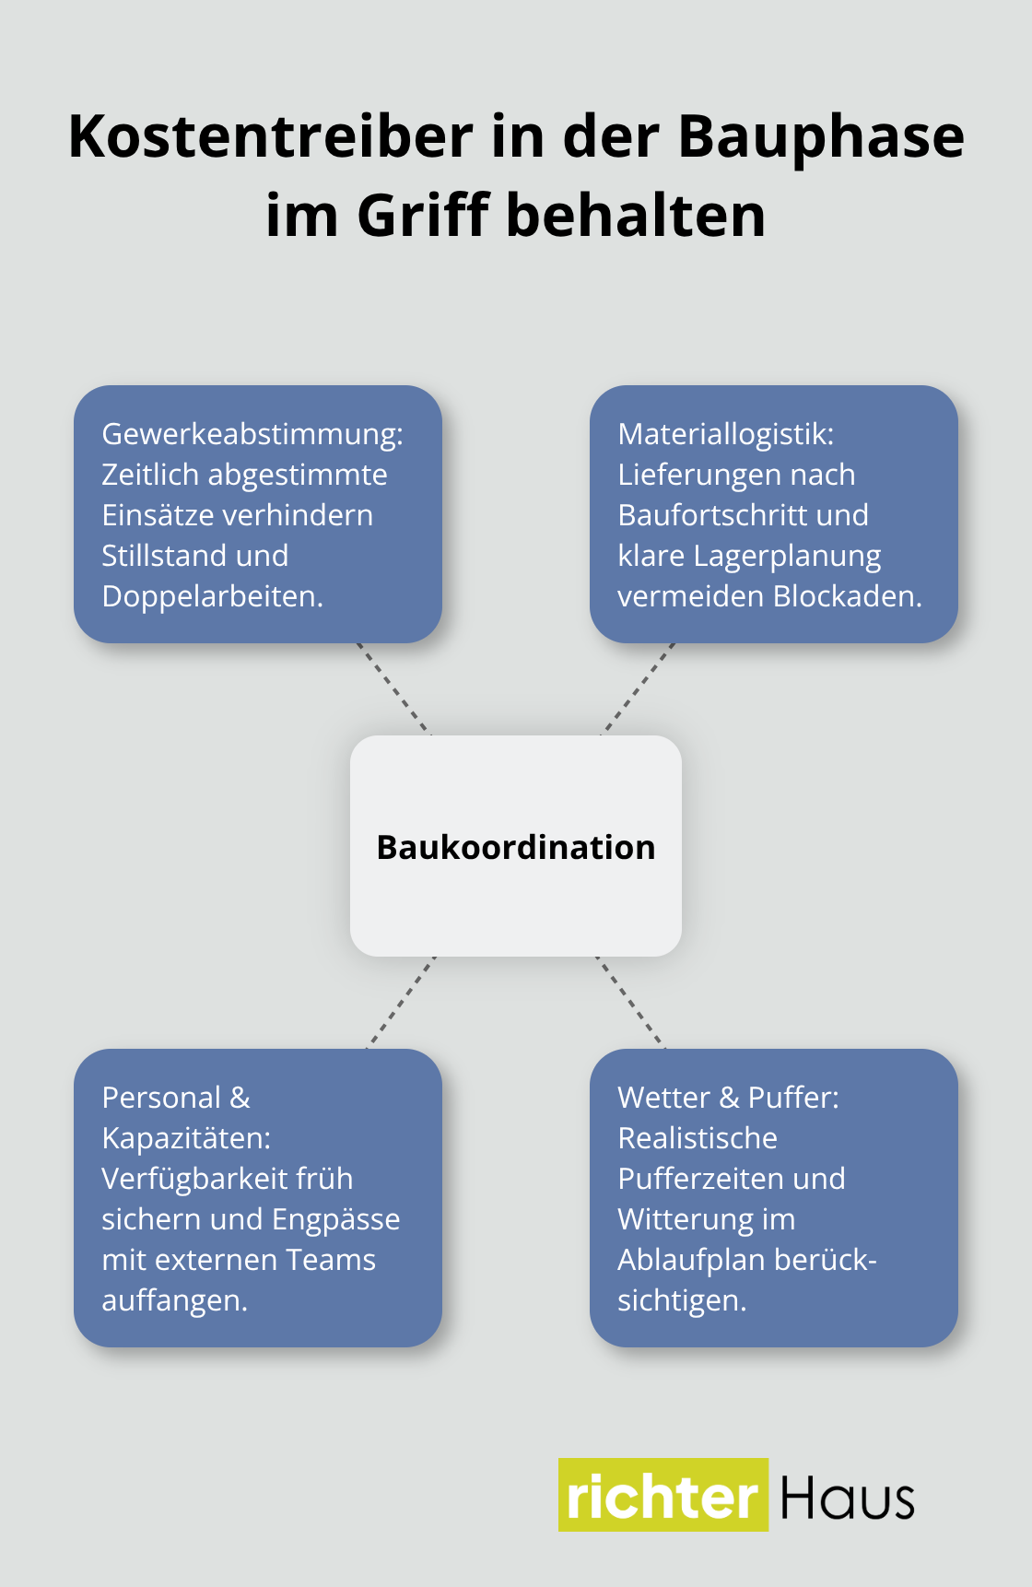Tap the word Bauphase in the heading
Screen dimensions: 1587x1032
click(x=821, y=136)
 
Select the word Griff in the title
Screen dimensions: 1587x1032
click(x=423, y=216)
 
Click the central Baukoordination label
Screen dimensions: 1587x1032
click(x=516, y=847)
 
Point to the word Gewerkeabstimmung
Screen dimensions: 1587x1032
click(x=252, y=433)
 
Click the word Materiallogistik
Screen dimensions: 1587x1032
click(x=725, y=433)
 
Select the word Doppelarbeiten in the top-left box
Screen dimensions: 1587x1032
click(x=212, y=596)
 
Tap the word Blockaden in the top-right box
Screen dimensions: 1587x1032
click(x=847, y=596)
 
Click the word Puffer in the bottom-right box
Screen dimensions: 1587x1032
click(x=792, y=1098)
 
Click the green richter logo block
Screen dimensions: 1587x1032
click(x=663, y=1495)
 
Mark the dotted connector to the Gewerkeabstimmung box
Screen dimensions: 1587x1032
click(x=393, y=688)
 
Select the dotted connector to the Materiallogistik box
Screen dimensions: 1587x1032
click(x=639, y=688)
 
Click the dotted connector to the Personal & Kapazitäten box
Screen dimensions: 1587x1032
click(x=401, y=1003)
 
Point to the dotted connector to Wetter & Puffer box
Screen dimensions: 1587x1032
click(x=631, y=1003)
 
